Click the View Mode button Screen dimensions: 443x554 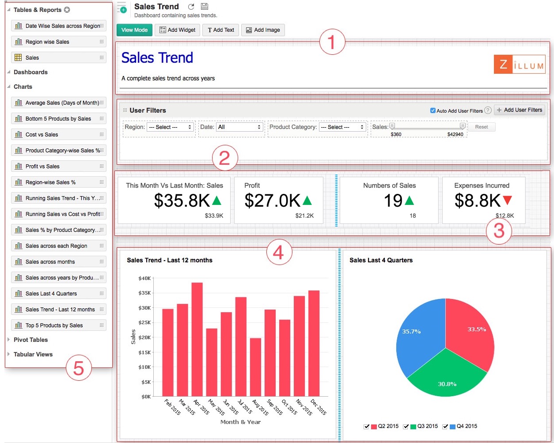[x=134, y=30]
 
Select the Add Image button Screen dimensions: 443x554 [x=263, y=30]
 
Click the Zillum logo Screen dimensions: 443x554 [x=519, y=65]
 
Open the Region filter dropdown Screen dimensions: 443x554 [x=171, y=127]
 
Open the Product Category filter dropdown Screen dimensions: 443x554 [x=342, y=127]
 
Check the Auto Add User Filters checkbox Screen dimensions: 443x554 [x=433, y=110]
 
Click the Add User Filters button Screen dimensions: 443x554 [x=519, y=110]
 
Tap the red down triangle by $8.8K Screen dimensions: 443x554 [x=507, y=201]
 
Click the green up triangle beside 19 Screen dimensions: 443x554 [x=410, y=201]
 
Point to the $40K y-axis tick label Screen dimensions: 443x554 [x=144, y=278]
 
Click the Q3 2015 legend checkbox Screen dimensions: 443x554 [x=406, y=427]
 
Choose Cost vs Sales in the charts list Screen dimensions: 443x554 [x=59, y=135]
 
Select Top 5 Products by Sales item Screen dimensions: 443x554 [x=59, y=326]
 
